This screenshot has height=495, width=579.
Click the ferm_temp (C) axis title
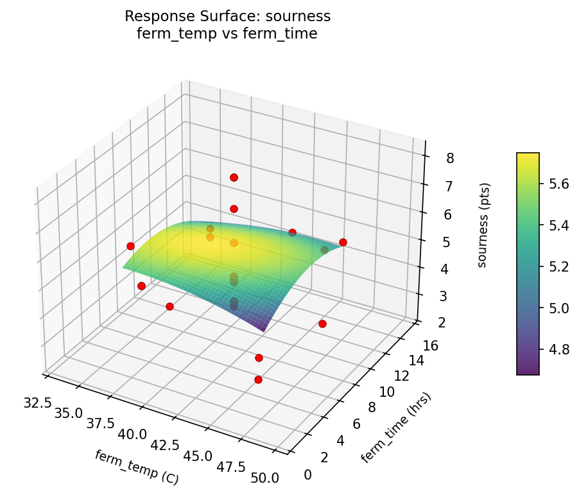coord(136,467)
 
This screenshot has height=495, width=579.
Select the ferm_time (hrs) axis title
coord(396,426)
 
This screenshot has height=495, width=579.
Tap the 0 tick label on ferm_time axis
coord(307,474)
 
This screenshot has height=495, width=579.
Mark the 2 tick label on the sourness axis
coord(426,323)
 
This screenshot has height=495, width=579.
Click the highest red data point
coord(234,177)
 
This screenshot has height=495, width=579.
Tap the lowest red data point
coord(258,379)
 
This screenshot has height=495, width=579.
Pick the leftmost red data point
coord(130,246)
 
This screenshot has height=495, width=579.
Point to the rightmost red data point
coord(343,242)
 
